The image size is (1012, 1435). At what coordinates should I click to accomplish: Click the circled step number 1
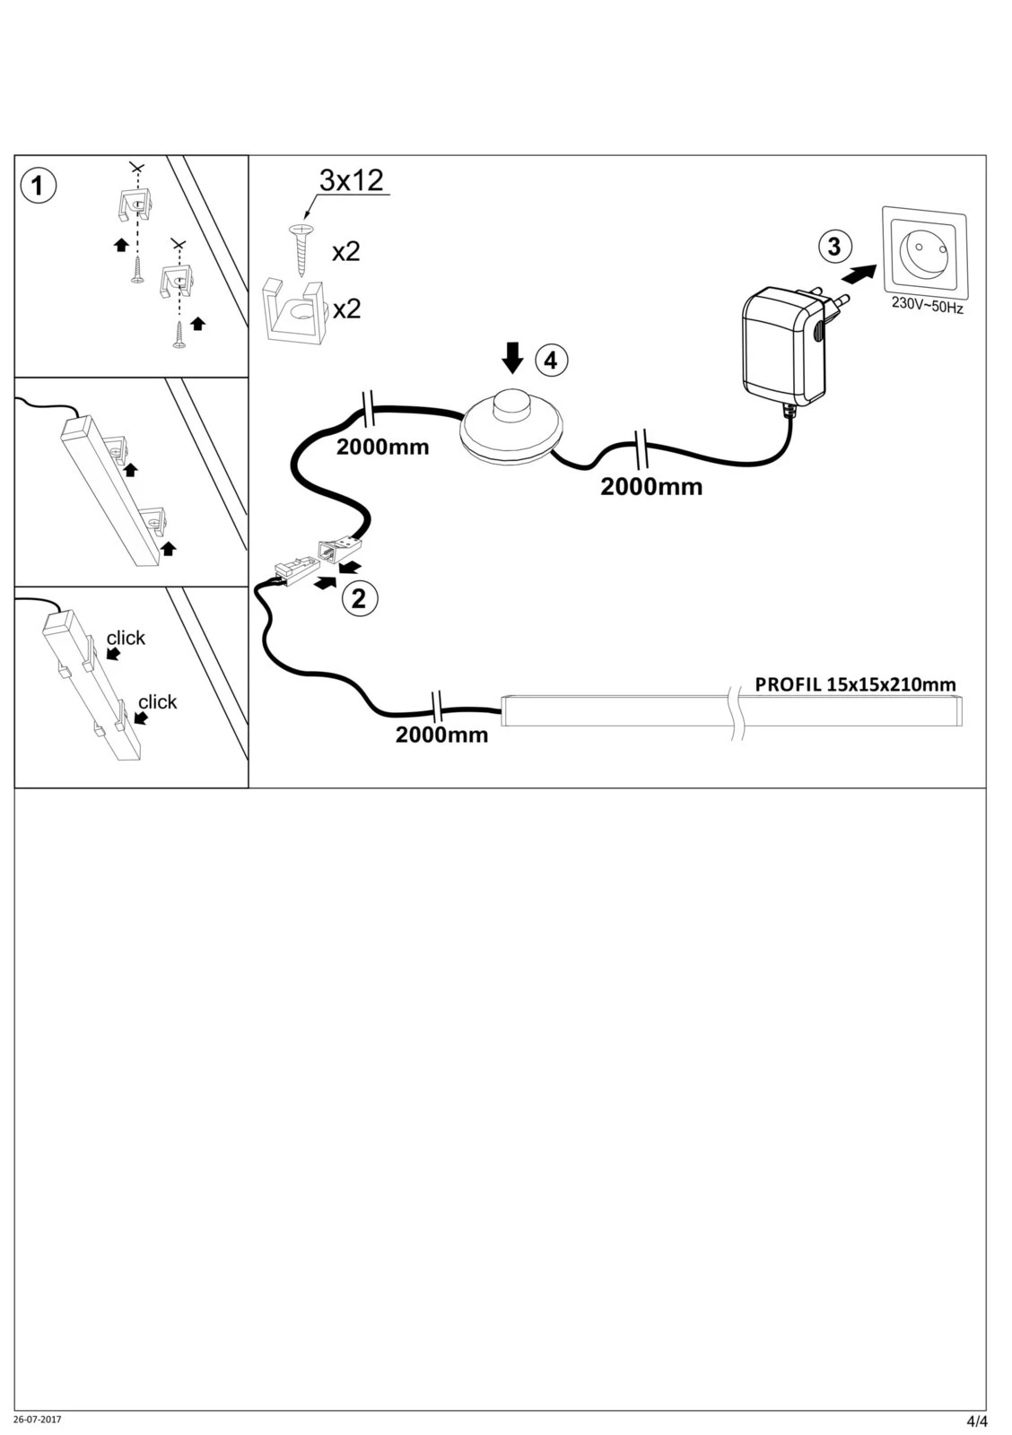tap(37, 187)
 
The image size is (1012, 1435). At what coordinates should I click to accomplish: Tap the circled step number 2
tap(359, 599)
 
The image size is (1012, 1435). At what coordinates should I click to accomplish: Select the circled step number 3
tap(833, 246)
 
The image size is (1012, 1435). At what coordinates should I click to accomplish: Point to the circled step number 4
tap(551, 361)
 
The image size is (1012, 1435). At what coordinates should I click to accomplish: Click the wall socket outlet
tap(924, 251)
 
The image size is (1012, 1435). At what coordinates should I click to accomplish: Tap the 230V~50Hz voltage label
tap(927, 306)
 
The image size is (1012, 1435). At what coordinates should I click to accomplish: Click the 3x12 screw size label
tap(352, 181)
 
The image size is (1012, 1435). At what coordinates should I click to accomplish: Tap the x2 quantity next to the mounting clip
tap(346, 309)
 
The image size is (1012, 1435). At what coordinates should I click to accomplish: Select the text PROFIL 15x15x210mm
tap(855, 684)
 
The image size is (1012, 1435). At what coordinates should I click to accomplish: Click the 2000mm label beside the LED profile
tap(442, 735)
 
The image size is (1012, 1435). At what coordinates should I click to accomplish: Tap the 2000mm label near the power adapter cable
tap(651, 487)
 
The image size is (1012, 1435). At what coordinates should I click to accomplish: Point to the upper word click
tap(126, 638)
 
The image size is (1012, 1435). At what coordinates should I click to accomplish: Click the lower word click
tap(157, 701)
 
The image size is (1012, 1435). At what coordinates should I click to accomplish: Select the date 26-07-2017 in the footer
tap(38, 1420)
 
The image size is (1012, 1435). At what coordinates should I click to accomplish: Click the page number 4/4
tap(976, 1422)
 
